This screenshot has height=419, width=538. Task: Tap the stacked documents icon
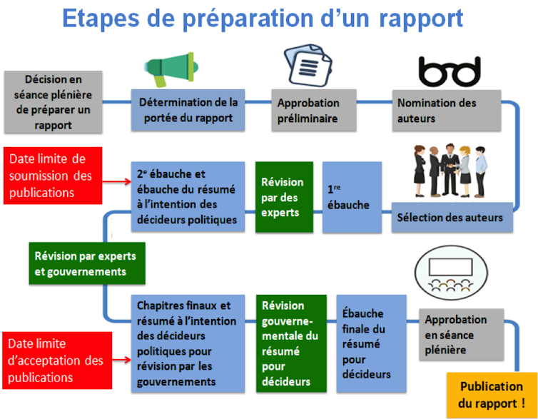[308, 65]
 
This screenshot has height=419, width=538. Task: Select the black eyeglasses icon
[449, 71]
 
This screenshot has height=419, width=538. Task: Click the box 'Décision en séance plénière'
[53, 101]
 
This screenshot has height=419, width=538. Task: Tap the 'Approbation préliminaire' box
[313, 111]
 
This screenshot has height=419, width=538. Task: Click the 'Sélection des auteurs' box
[452, 217]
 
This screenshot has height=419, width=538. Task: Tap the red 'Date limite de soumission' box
[54, 176]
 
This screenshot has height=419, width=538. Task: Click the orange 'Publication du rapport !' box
[492, 395]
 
